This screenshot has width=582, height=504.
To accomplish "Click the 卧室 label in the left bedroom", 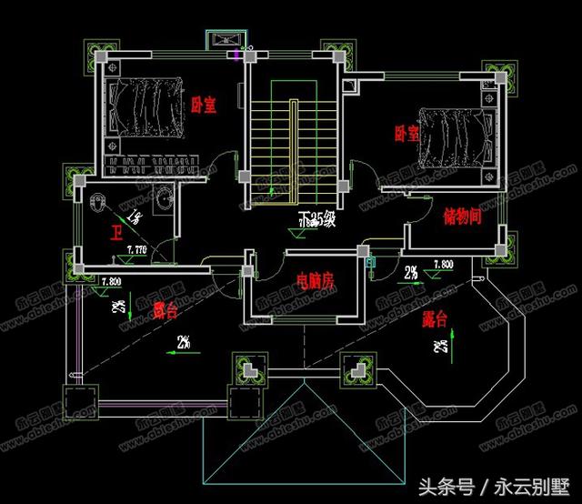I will point(204,106).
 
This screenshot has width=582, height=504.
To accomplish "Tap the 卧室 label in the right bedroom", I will point(406,134).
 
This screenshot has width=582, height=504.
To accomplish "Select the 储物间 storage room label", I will point(461,217).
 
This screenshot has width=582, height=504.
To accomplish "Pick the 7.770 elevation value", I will point(136,248).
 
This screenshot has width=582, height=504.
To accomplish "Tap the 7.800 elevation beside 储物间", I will point(443,265).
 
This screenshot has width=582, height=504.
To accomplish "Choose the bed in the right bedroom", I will point(452,138).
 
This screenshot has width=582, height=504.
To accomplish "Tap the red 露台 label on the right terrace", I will point(436,319).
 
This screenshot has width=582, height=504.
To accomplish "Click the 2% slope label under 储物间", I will point(411,272).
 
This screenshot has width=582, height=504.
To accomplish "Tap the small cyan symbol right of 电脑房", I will point(370,263).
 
